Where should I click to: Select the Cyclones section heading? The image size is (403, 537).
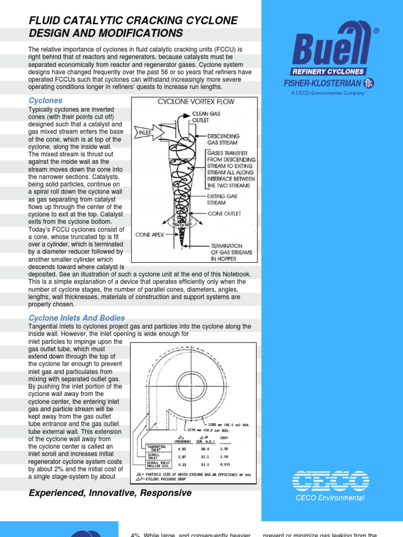click(x=45, y=100)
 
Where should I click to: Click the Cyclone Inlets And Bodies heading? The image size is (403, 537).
click(x=77, y=318)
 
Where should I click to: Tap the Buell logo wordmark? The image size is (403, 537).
click(x=331, y=47)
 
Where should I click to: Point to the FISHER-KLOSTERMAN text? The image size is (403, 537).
click(x=322, y=83)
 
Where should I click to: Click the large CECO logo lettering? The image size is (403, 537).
click(x=330, y=481)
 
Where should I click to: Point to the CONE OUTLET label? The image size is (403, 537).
click(x=225, y=214)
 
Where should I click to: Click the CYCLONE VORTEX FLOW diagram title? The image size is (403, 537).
click(x=196, y=102)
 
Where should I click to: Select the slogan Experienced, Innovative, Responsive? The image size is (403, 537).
click(x=110, y=493)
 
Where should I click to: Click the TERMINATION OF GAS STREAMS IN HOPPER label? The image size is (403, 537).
click(x=231, y=252)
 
